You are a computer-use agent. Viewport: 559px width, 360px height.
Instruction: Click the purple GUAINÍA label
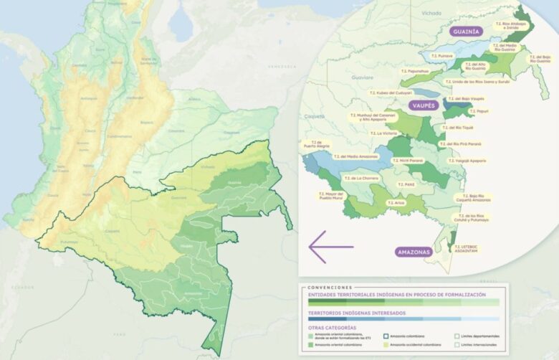466,32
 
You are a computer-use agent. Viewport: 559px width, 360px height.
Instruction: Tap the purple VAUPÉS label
424,105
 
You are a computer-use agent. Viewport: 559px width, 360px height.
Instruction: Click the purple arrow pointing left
330,247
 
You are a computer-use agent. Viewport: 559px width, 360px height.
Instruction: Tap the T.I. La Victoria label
383,133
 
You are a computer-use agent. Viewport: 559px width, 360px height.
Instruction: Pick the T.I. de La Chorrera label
361,178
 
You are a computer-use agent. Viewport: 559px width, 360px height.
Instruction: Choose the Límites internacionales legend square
457,345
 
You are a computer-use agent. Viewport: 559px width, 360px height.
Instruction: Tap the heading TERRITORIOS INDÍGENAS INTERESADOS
356,313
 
